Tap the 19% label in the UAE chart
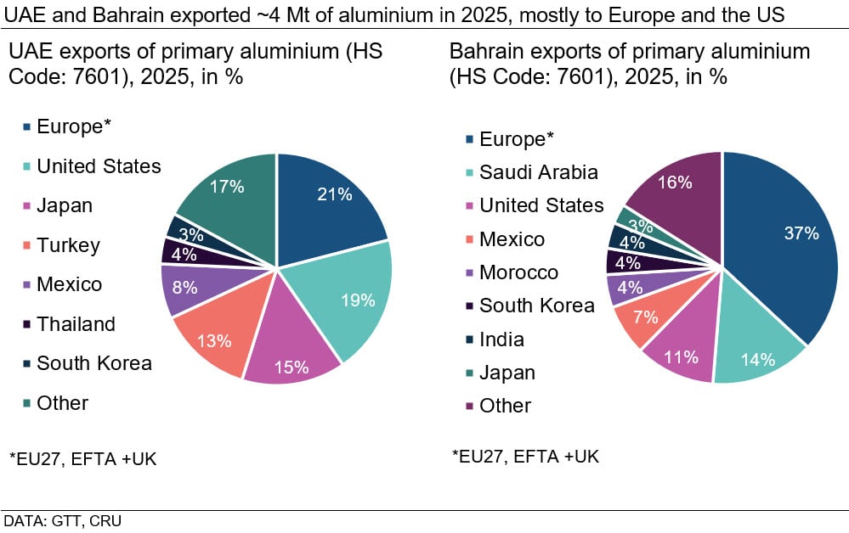tap(358, 300)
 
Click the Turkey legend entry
tap(68, 245)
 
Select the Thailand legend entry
tap(76, 324)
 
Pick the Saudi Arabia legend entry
tap(538, 172)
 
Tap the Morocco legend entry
tap(518, 272)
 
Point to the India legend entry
tap(501, 339)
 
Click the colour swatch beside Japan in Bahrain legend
tap(469, 373)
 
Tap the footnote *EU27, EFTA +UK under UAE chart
tap(82, 459)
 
